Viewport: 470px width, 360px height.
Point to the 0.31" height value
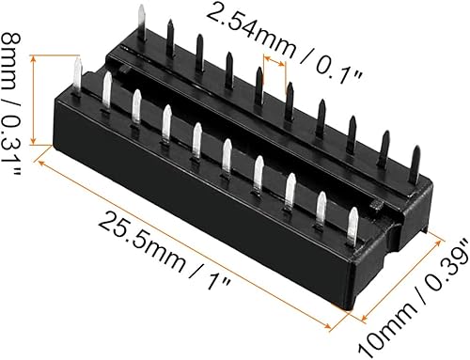[x=13, y=117]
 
